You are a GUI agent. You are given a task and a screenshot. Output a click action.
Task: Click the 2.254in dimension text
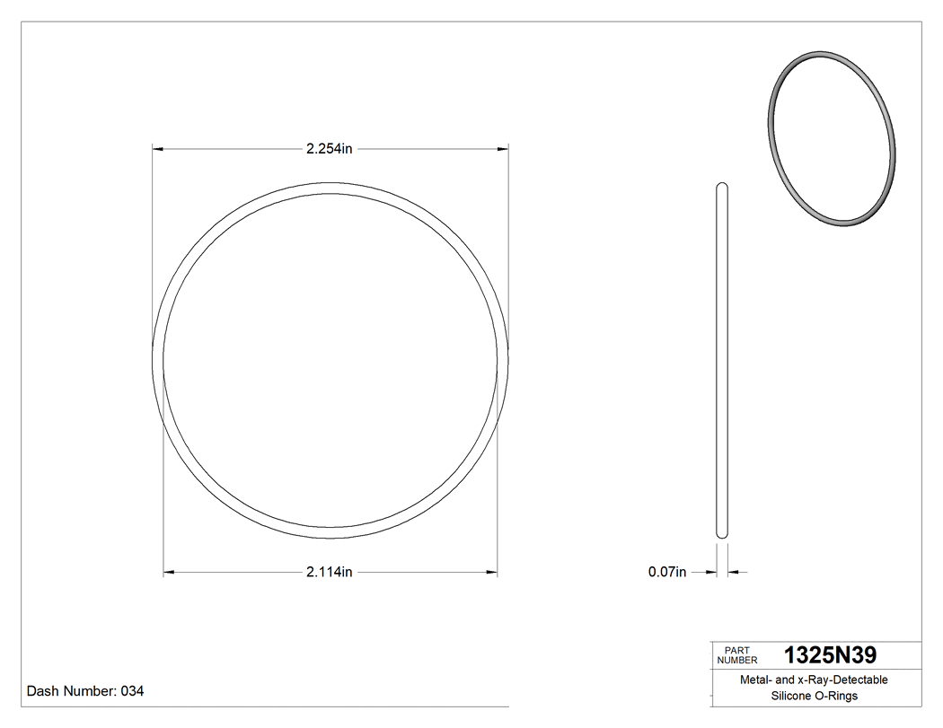329,149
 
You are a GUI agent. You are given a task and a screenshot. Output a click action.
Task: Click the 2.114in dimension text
329,572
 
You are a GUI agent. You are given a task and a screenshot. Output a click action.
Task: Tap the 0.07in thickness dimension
667,572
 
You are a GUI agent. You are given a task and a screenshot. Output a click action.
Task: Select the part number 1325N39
830,655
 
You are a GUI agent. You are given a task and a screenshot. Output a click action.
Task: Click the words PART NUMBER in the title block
737,655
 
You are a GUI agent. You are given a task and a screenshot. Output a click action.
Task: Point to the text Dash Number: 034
85,691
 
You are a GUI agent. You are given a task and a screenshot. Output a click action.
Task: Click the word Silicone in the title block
790,696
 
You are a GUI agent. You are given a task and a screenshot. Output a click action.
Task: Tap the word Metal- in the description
755,680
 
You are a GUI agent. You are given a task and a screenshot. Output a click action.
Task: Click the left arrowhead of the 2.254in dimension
157,149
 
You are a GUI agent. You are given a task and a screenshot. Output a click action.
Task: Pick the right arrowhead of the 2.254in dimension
503,149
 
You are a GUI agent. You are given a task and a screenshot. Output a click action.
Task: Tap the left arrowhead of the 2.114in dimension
168,572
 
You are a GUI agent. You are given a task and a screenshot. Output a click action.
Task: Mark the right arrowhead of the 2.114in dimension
492,572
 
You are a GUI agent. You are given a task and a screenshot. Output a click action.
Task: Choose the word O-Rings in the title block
837,696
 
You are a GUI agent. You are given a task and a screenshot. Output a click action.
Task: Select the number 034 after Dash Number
132,691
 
